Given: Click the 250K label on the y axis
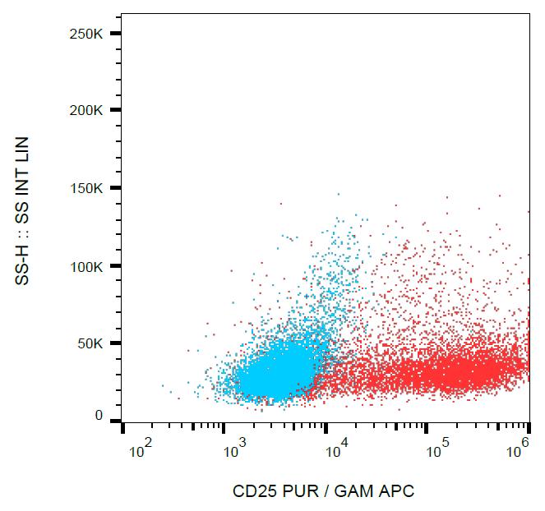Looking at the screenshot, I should coord(85,33).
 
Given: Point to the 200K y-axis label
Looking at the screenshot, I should coord(85,110).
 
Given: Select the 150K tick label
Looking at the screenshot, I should coord(85,188).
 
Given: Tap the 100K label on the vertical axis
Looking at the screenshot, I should coord(85,266).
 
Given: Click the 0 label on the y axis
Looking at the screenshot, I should coord(99,417).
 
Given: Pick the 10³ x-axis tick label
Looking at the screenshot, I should coord(236,451).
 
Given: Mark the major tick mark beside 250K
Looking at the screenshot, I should coord(116,33).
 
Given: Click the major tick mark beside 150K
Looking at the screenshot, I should coord(116,188).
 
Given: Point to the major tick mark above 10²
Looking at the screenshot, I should coord(123,428).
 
